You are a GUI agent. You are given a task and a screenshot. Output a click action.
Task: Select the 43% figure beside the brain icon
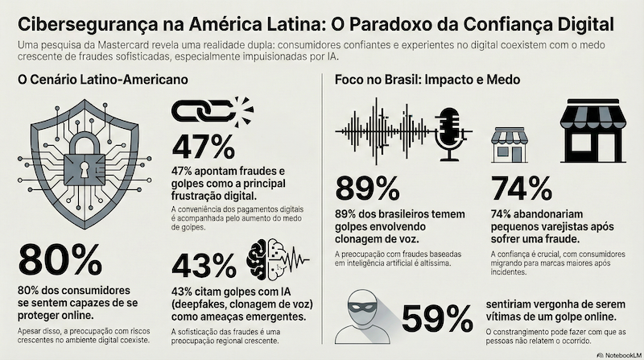point(204,265)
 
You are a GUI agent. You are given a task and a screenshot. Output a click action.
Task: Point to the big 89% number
point(367,188)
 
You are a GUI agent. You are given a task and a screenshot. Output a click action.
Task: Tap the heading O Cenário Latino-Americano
point(101,81)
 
